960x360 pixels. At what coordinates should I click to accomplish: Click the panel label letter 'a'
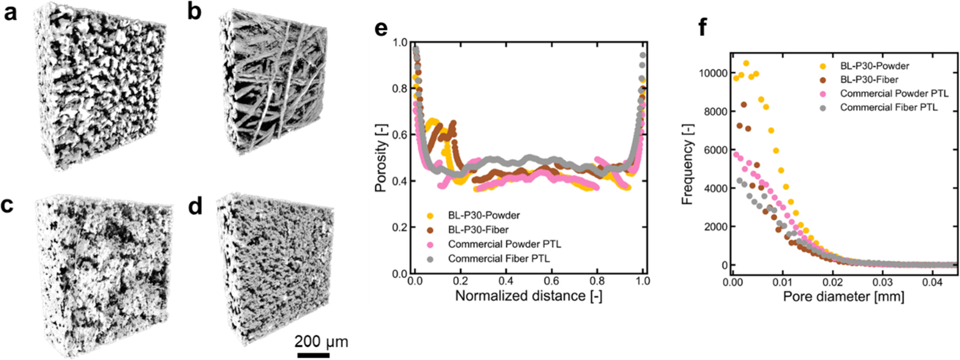[10, 14]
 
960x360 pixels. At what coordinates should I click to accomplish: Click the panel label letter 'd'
[195, 206]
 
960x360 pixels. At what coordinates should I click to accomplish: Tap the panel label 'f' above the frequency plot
[703, 28]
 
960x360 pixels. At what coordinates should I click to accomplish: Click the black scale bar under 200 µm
[313, 355]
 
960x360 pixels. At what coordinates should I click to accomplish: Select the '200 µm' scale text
[321, 342]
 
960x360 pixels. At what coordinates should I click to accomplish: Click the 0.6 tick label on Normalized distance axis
[551, 281]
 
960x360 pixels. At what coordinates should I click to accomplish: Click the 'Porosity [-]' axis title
[381, 158]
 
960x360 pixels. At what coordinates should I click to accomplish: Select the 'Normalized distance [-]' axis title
[529, 296]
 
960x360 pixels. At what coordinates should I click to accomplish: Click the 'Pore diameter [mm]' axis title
[843, 296]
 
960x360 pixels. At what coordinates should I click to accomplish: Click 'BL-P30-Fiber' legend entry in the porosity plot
[478, 230]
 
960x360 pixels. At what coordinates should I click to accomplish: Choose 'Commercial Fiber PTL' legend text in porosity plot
[498, 259]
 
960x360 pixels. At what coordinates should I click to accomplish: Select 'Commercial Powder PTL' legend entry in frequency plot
[894, 93]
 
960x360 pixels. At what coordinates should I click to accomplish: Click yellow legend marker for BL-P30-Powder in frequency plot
[823, 66]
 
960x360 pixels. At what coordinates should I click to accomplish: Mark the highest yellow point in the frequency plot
[746, 63]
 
